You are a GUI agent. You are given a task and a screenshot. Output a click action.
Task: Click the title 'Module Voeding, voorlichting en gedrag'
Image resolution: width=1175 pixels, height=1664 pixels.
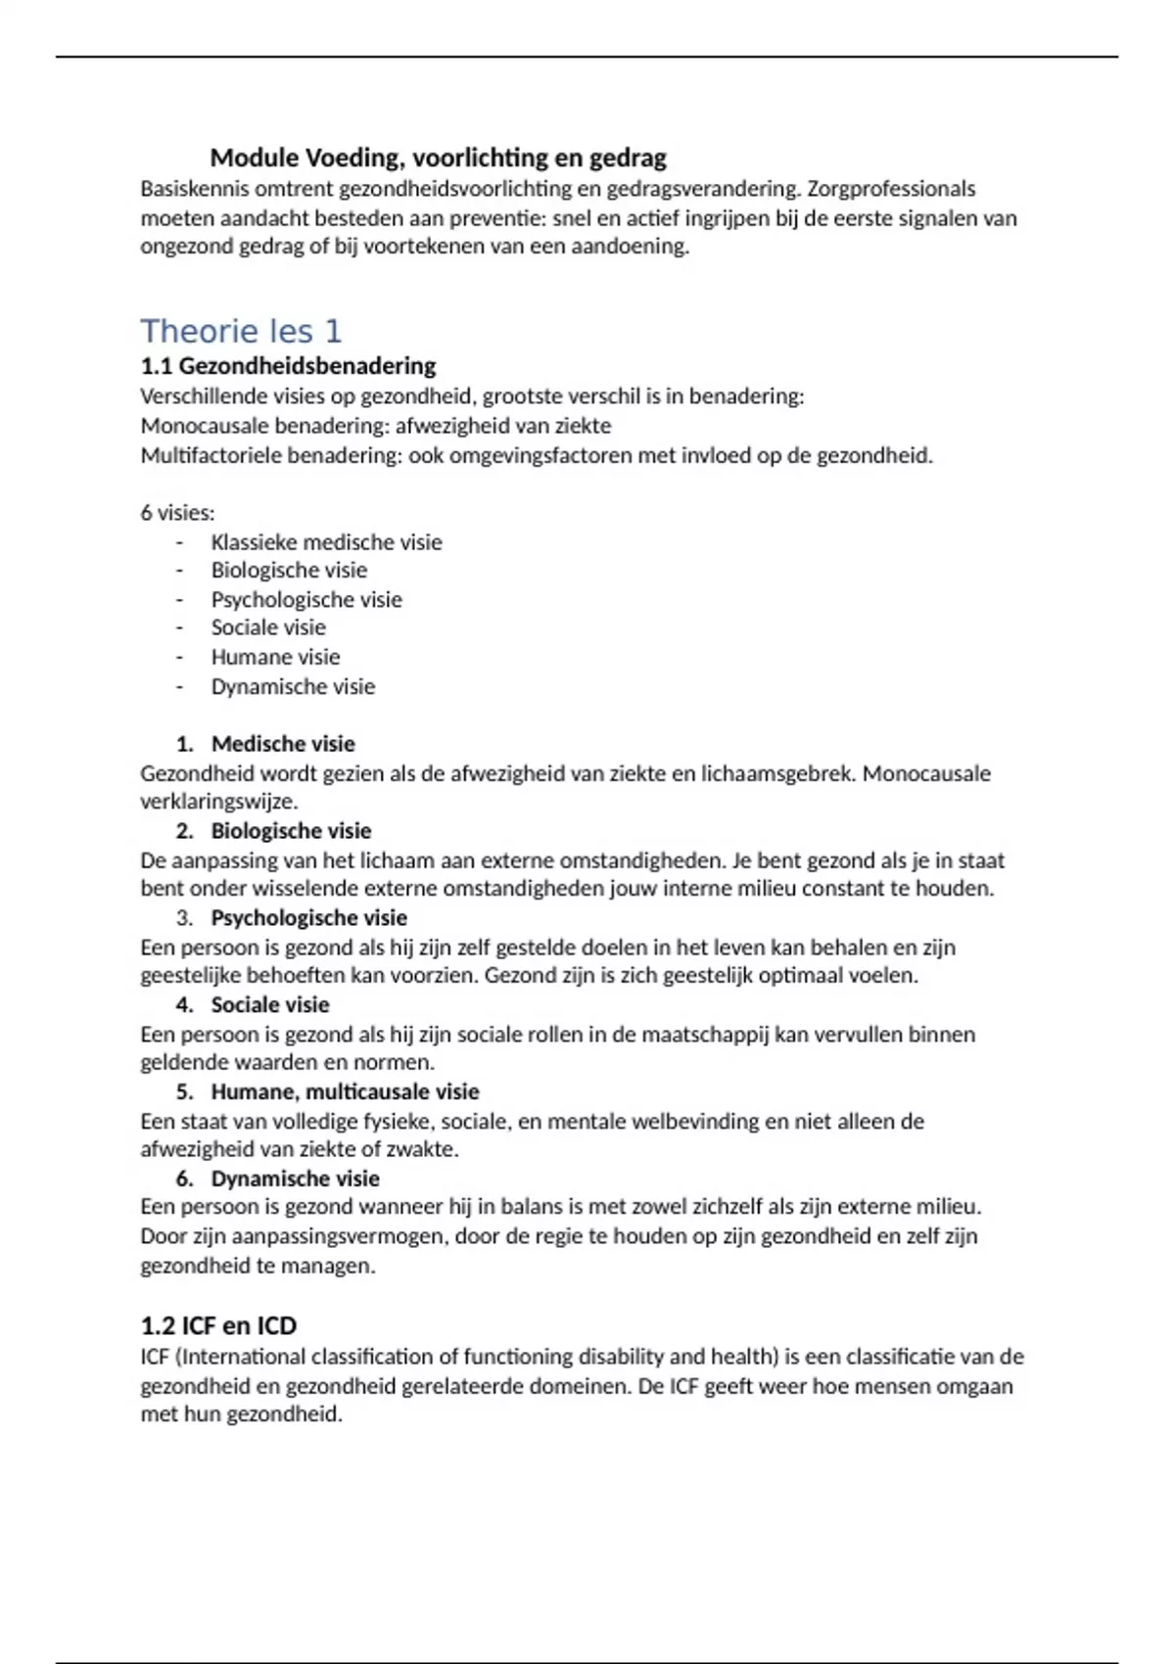438,158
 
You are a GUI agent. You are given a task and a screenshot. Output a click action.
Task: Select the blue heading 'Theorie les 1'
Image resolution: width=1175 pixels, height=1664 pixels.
241,331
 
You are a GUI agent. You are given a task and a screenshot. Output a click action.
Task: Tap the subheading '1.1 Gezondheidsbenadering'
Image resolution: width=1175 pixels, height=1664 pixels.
288,366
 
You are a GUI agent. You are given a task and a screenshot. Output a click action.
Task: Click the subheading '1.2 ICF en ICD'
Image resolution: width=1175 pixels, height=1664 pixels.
218,1325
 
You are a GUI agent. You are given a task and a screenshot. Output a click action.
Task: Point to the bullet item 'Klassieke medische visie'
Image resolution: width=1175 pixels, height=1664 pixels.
326,542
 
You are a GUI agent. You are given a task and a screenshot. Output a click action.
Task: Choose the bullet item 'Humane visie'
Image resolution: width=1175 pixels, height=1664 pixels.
275,657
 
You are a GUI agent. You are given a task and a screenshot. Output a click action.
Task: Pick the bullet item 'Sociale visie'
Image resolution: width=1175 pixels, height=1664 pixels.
268,627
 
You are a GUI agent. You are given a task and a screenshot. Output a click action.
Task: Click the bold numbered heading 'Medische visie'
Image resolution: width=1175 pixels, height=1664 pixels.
283,744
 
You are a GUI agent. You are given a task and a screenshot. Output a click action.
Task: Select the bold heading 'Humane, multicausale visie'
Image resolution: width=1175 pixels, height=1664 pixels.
345,1091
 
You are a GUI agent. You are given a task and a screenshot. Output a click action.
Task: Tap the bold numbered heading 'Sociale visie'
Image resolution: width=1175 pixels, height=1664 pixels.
270,1004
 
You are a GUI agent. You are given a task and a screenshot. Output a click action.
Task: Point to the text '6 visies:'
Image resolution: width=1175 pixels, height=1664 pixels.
177,513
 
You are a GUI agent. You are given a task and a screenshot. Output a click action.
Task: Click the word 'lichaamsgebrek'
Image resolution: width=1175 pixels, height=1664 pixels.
777,773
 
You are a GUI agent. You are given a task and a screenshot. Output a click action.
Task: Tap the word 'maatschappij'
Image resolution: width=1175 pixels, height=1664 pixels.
705,1035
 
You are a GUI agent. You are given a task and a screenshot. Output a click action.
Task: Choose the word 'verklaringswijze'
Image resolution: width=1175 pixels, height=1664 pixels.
217,802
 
